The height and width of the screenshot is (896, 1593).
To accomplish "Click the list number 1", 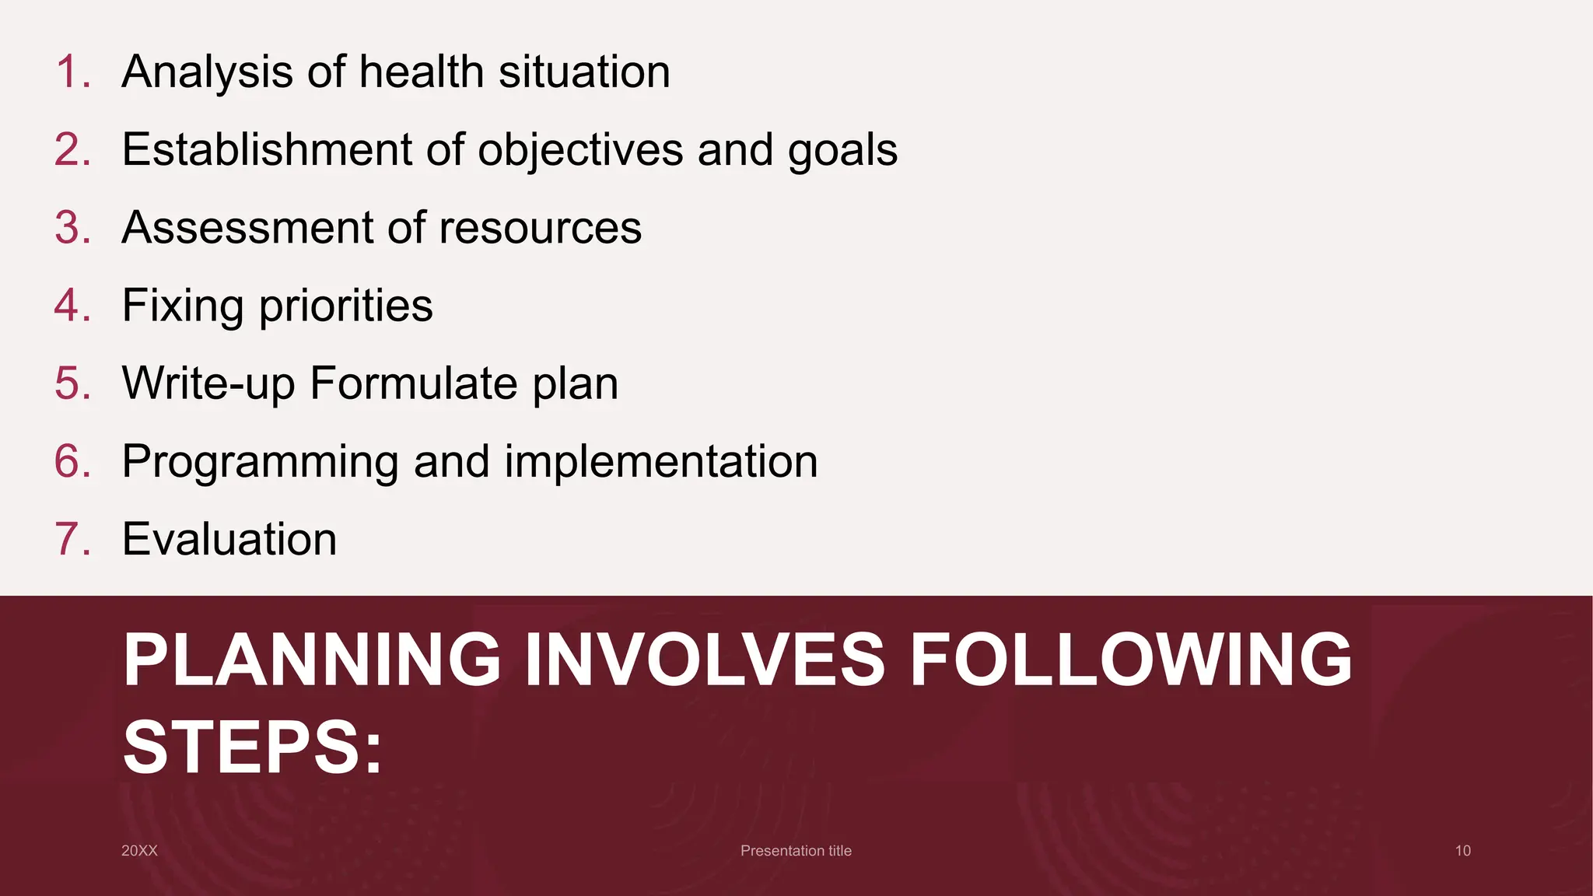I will [x=72, y=72].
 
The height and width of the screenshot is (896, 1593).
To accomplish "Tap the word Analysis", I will [x=207, y=72].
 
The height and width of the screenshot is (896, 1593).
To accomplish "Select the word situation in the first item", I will [x=584, y=72].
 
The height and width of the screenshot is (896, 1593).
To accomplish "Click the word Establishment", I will [x=267, y=149].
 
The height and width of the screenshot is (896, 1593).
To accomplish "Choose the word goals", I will [x=842, y=149].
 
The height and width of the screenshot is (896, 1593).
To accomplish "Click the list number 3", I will [x=72, y=228].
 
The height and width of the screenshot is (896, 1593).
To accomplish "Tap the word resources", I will [x=540, y=228].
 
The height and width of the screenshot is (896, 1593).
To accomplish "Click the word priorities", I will [x=345, y=306].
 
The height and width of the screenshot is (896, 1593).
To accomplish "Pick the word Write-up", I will [x=208, y=383].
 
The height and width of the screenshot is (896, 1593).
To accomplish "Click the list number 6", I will [x=72, y=461].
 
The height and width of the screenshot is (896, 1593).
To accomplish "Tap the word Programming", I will [x=260, y=461].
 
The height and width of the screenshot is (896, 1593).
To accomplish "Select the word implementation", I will [x=661, y=461].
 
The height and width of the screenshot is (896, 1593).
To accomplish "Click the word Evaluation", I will [x=229, y=539].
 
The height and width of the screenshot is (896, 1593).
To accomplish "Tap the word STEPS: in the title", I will [x=253, y=747].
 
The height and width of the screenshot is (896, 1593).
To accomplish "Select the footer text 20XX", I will [x=139, y=851].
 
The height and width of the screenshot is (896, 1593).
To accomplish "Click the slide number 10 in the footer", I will [x=1462, y=851].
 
